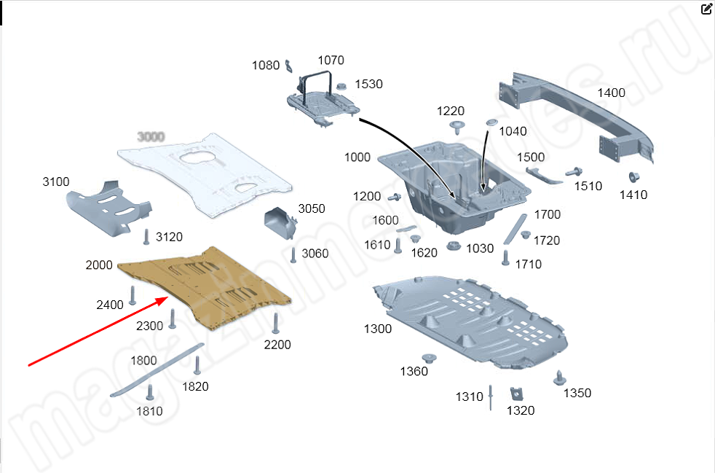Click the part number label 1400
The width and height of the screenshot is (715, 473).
pyautogui.click(x=612, y=93)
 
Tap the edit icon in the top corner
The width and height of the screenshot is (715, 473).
pyautogui.click(x=706, y=9)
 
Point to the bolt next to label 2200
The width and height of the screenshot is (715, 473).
pyautogui.click(x=276, y=323)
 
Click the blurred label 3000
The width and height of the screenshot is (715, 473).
pyautogui.click(x=151, y=136)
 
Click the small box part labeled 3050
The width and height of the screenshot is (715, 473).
pyautogui.click(x=279, y=222)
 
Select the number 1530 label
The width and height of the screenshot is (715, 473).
pyautogui.click(x=368, y=85)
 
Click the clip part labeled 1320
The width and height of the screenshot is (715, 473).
pyautogui.click(x=518, y=394)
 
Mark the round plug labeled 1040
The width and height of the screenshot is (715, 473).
pyautogui.click(x=490, y=120)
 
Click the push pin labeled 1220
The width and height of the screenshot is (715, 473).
pyautogui.click(x=457, y=128)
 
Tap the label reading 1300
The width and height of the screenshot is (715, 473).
pyautogui.click(x=378, y=329)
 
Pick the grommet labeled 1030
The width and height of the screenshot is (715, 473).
pyautogui.click(x=452, y=246)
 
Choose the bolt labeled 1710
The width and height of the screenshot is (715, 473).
pyautogui.click(x=505, y=257)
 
